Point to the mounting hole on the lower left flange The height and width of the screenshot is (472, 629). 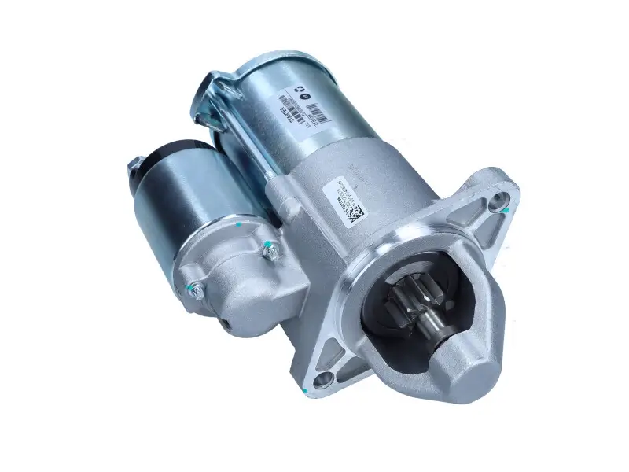pyautogui.click(x=322, y=382)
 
